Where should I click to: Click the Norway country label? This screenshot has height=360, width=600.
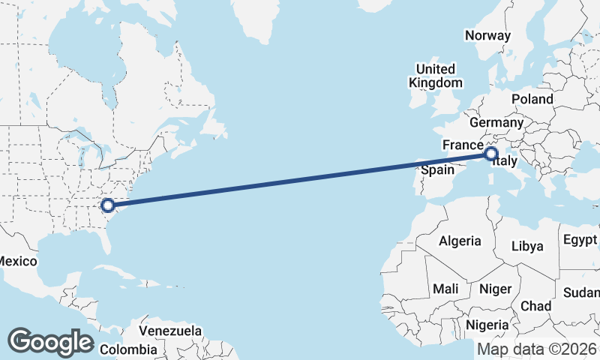point(487,35)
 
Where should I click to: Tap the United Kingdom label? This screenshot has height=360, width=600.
point(436,76)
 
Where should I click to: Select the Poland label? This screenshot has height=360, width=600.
point(532,99)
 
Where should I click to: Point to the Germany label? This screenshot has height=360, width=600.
point(496,122)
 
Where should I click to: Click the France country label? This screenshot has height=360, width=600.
point(461,145)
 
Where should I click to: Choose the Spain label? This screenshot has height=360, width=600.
point(436,170)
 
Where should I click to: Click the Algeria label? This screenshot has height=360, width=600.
point(459,241)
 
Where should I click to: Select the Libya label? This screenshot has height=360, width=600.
point(526,246)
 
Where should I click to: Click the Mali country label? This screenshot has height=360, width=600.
point(445,289)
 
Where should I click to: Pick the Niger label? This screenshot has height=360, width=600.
point(495,289)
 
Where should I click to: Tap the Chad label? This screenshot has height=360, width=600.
point(535,306)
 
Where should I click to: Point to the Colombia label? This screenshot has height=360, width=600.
point(128,349)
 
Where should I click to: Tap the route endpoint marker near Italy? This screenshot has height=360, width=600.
point(491,154)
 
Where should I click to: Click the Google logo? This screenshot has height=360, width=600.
point(50,341)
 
